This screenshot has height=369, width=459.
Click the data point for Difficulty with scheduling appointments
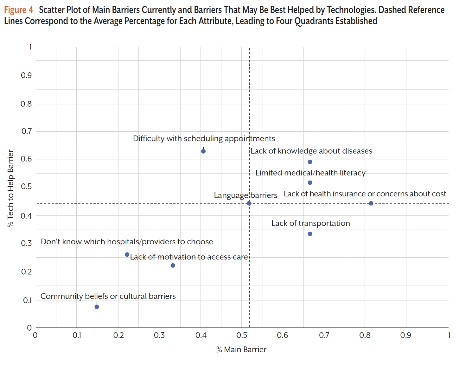203,151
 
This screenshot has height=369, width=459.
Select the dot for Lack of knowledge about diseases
310,162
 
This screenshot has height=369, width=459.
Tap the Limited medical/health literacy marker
310,183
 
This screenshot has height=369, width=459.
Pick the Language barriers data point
249,203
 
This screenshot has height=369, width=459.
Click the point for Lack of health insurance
371,203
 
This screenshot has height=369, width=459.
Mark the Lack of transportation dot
310,234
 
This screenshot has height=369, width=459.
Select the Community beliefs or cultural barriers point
97,307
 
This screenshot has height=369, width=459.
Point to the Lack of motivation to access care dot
173,266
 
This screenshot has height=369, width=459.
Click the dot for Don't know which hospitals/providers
127,254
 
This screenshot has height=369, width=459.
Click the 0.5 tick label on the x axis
242,335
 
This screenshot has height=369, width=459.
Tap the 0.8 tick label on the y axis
26,104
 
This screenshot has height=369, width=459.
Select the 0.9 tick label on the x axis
405,335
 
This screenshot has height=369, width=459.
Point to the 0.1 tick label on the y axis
27,300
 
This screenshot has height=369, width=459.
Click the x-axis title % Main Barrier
241,350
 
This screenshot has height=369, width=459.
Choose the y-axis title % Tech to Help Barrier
11,188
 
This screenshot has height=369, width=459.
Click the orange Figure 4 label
18,10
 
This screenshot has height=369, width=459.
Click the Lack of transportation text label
310,223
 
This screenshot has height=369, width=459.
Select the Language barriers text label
245,195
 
